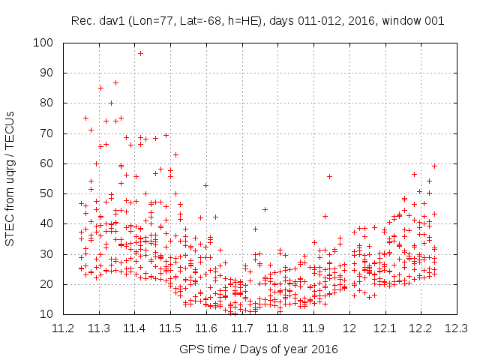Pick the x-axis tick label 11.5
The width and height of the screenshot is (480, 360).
(170, 328)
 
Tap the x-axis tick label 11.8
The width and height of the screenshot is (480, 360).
(277, 328)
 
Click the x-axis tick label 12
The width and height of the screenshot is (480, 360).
(349, 328)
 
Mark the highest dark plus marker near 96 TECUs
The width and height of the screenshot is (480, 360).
(140, 53)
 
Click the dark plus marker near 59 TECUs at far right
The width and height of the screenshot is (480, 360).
(434, 166)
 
